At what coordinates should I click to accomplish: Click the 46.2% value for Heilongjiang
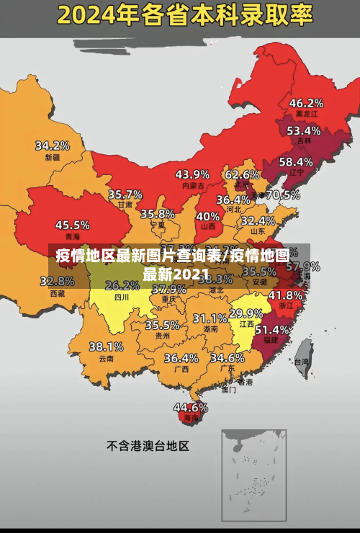[x=306, y=102]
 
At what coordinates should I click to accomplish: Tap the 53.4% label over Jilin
[x=303, y=130]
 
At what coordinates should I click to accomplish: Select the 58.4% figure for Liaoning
[x=296, y=161]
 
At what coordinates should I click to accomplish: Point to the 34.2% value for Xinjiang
[x=53, y=145]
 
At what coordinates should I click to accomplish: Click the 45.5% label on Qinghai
[x=73, y=225]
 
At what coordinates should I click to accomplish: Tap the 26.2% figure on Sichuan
[x=122, y=285]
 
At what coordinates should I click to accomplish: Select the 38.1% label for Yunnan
[x=106, y=346]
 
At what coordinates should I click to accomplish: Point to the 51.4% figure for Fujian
[x=272, y=329]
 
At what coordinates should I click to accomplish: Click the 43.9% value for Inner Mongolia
[x=192, y=174]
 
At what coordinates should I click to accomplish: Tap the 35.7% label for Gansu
[x=125, y=194]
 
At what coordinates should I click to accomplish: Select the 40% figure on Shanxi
[x=208, y=215]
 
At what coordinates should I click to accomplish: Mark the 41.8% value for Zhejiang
[x=285, y=295]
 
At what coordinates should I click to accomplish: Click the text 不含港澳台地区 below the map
[x=148, y=446]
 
